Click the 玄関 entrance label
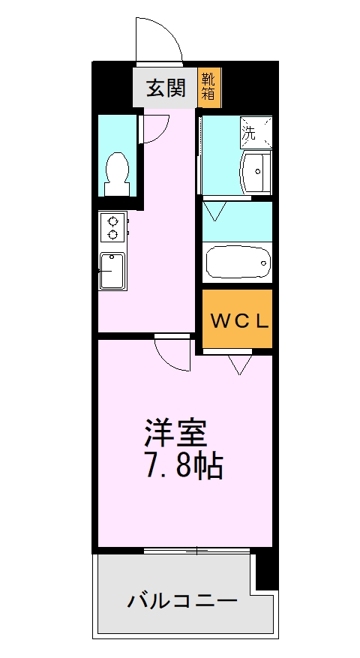coord(165,89)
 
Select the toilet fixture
coord(118,169)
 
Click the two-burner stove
coord(113,227)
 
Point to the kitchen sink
coord(112,270)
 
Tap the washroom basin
coord(254,172)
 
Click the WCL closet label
coord(238,321)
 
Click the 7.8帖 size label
coord(181,467)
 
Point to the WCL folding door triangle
coord(241,364)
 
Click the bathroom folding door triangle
coord(219,209)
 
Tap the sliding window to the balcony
coord(196,551)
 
